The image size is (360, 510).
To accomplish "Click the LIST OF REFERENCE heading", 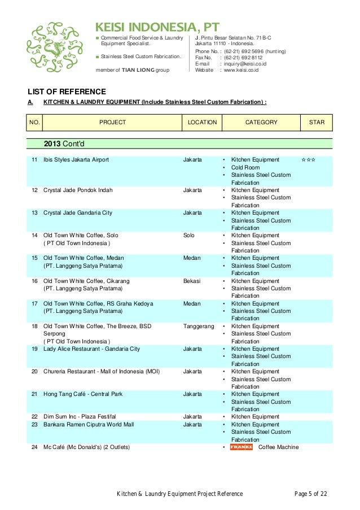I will pyautogui.click(x=67, y=91).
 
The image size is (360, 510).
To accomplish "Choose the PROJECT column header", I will pyautogui.click(x=113, y=122).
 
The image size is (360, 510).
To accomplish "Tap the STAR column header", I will pyautogui.click(x=317, y=122).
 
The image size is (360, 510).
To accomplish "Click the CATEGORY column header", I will pyautogui.click(x=261, y=122).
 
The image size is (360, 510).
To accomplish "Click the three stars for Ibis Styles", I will pyautogui.click(x=308, y=160).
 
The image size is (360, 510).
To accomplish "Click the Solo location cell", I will pyautogui.click(x=190, y=236).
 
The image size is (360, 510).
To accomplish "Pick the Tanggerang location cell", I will pyautogui.click(x=199, y=326).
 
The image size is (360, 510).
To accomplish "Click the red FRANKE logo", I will pyautogui.click(x=241, y=447).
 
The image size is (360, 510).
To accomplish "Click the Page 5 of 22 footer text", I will pyautogui.click(x=310, y=494).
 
